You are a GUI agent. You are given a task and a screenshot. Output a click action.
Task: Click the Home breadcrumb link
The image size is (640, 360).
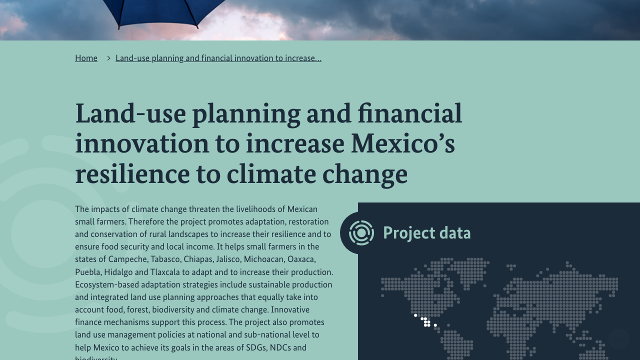86,58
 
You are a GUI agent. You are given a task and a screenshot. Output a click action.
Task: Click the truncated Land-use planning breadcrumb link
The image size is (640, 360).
218,58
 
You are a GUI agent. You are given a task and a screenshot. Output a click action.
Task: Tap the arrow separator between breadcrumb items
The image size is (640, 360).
108,58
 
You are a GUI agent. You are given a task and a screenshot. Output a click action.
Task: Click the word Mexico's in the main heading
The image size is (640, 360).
403,143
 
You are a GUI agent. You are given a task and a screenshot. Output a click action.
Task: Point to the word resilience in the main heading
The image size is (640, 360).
132,174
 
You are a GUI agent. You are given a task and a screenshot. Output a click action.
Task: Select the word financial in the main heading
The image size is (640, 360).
409,113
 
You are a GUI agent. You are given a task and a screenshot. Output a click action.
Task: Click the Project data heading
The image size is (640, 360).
427,233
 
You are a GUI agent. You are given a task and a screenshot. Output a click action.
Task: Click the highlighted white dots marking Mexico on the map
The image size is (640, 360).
425,321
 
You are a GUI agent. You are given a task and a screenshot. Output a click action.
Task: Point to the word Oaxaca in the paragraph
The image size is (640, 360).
301,259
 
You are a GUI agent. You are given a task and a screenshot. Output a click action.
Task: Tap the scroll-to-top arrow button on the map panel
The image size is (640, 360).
619,339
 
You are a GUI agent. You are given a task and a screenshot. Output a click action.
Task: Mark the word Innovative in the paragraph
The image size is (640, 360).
290,309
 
